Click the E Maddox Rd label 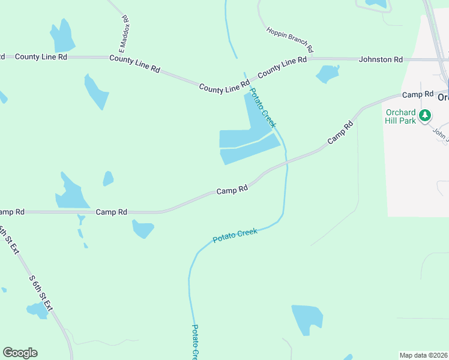pos(125,33)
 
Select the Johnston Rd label pos(381,59)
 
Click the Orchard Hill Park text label pos(400,116)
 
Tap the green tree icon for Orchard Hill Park pos(426,115)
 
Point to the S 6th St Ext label pos(41,293)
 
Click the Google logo pos(20,353)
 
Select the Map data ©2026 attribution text pos(424,355)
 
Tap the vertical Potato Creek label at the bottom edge pos(195,342)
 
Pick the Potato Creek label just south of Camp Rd pos(235,235)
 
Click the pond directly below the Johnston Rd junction pos(327,74)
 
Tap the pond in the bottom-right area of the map pos(307,320)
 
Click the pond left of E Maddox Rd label pos(62,37)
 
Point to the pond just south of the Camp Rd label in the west pos(143,229)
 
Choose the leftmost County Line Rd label pos(41,56)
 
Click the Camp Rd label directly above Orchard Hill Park pos(418,94)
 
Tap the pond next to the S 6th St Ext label pos(37,310)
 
